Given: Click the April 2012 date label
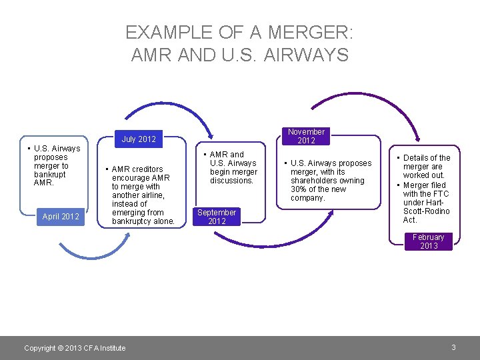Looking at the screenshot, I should (x=61, y=216).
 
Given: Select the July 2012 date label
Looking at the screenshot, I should (x=139, y=139).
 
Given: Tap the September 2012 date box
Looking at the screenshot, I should (x=217, y=217).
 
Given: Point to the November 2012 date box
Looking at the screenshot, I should (x=306, y=136).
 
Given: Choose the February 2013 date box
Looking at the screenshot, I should (x=429, y=241).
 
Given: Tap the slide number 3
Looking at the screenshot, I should (x=453, y=347).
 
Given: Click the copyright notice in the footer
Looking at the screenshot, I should (x=75, y=348).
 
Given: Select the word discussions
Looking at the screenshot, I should (x=232, y=181).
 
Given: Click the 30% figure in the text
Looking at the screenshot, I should (x=299, y=189).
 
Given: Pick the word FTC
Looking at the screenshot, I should (x=440, y=194).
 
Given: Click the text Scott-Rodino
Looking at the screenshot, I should (x=427, y=211).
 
